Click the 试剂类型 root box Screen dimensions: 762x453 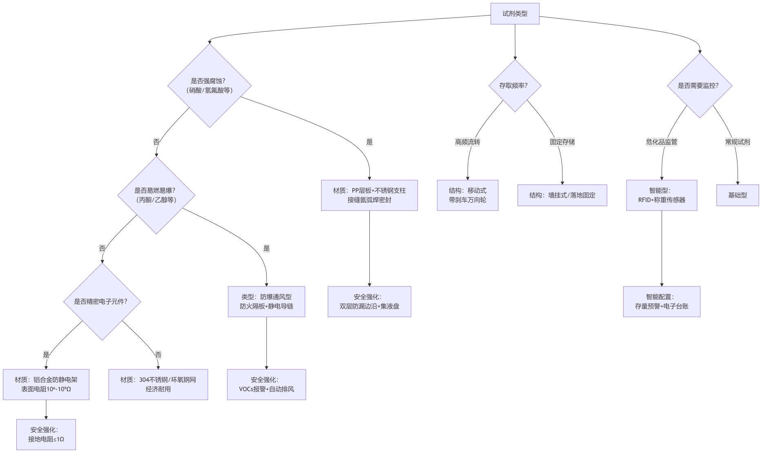click(515, 13)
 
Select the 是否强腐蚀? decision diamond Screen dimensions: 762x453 click(209, 86)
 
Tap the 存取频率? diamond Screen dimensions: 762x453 click(515, 86)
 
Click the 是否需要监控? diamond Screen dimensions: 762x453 click(700, 86)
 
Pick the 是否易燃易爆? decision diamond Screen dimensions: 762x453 click(156, 195)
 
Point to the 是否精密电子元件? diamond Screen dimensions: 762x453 click(102, 302)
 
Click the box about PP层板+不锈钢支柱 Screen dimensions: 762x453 click(369, 195)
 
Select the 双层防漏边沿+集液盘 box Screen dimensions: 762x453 click(369, 302)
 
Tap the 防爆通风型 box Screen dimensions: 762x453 click(267, 302)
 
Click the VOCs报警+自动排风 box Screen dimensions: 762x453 click(267, 384)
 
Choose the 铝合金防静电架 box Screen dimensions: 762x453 click(46, 384)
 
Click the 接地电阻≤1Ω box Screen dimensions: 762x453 click(46, 435)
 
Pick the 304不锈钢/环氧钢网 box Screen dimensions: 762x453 click(158, 384)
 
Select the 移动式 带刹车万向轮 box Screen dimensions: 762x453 click(468, 195)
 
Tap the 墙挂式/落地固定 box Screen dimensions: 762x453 click(562, 195)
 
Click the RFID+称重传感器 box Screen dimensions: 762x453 click(662, 195)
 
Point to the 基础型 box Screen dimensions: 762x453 click(738, 195)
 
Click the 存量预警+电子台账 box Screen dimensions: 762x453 click(662, 302)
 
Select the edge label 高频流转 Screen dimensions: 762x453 click(468, 142)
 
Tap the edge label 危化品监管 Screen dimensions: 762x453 click(662, 142)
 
